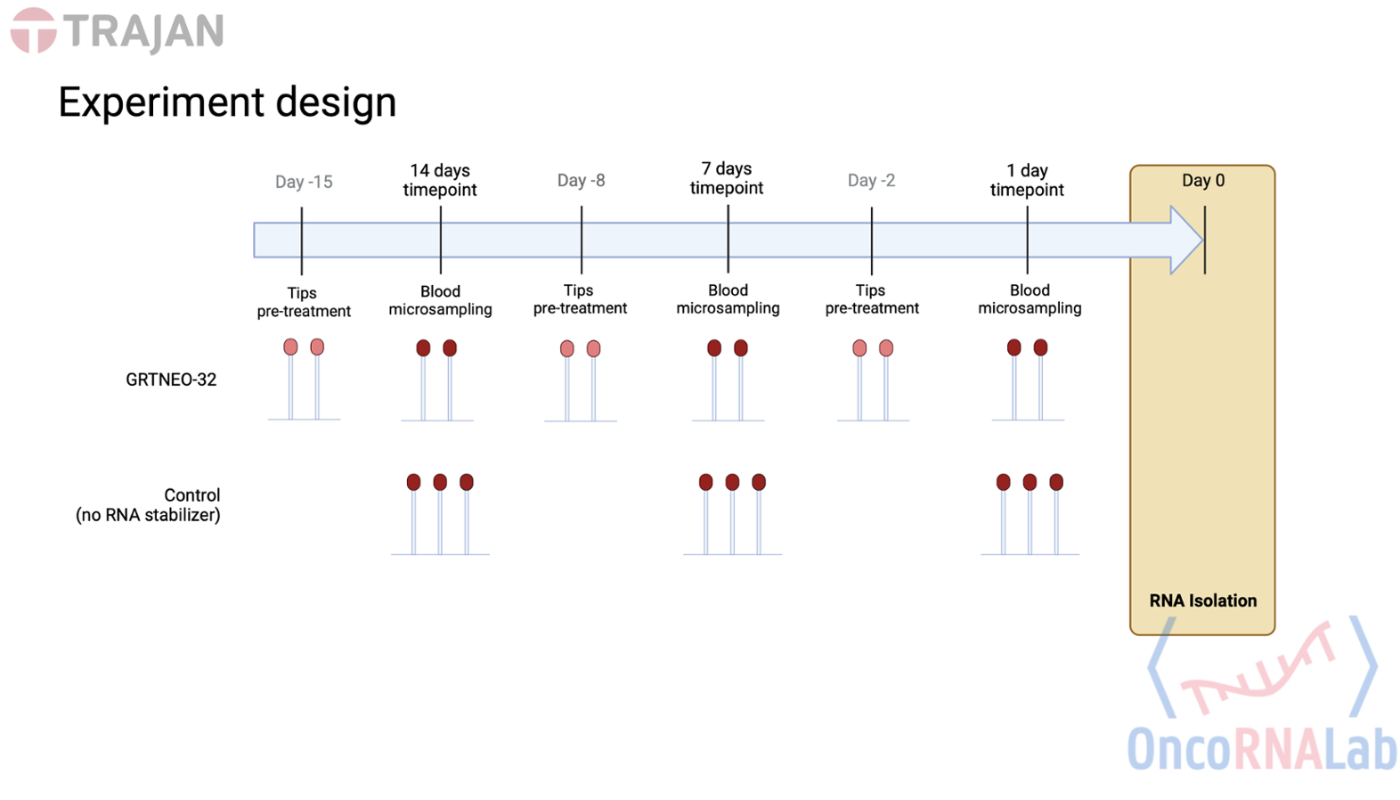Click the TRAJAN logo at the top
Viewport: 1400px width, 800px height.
click(117, 31)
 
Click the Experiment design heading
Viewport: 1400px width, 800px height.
click(227, 102)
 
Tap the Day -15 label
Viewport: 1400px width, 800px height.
click(303, 182)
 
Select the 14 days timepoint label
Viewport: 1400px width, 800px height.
click(440, 180)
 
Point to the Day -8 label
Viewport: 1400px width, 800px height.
click(581, 181)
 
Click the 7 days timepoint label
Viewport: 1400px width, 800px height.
click(727, 178)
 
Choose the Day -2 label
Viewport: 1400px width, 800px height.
click(871, 181)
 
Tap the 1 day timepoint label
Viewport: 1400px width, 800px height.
click(1027, 180)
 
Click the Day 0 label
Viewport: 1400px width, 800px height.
click(1202, 181)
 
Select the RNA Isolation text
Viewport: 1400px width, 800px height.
click(1202, 600)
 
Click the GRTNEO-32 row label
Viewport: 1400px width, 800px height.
click(171, 380)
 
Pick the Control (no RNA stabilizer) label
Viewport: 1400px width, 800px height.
click(149, 505)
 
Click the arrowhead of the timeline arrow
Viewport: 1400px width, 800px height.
click(1186, 240)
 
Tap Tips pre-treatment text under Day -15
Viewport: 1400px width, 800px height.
click(304, 302)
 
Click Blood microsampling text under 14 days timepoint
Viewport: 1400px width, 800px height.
click(440, 300)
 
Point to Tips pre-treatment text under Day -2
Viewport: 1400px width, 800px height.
click(871, 299)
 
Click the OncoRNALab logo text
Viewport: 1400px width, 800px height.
click(1261, 749)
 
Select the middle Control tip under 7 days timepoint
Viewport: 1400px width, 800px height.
click(732, 483)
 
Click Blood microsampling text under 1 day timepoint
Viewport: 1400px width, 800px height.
click(1030, 299)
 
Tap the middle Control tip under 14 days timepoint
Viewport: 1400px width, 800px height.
click(440, 483)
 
